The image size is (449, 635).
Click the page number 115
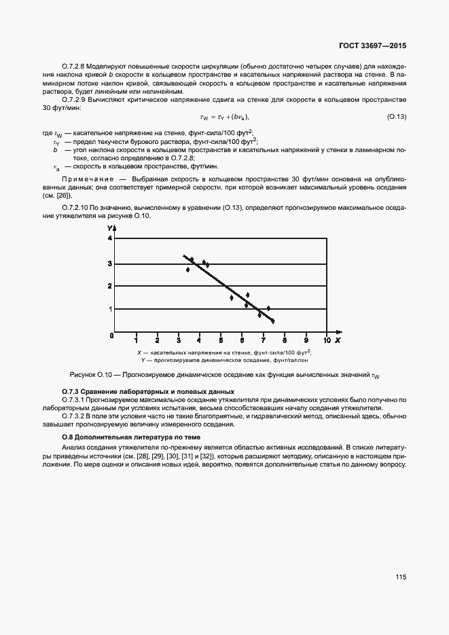[x=400, y=577]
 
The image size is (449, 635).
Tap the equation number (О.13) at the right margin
[x=396, y=117]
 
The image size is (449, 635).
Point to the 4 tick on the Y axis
[x=109, y=238]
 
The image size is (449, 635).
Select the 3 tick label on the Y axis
[x=109, y=264]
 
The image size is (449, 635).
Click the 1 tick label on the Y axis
[x=109, y=309]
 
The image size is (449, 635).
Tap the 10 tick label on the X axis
[x=327, y=340]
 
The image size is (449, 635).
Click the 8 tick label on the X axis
[x=285, y=340]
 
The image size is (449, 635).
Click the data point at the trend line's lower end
[x=272, y=321]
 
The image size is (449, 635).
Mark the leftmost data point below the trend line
[x=188, y=270]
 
